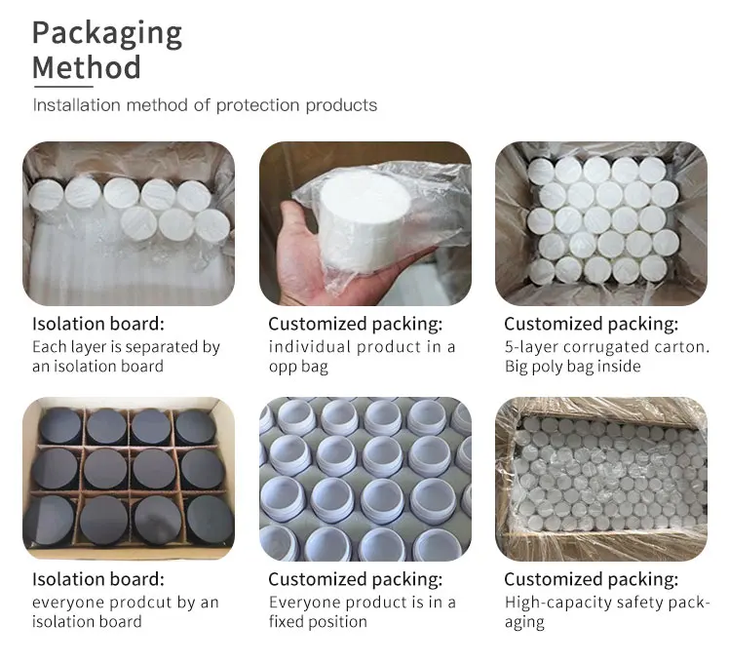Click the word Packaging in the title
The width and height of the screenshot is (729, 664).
pyautogui.click(x=107, y=34)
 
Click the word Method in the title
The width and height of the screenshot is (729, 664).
pyautogui.click(x=87, y=69)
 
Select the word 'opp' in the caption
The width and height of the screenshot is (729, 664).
pyautogui.click(x=284, y=367)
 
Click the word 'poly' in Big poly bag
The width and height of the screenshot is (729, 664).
pyautogui.click(x=555, y=367)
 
